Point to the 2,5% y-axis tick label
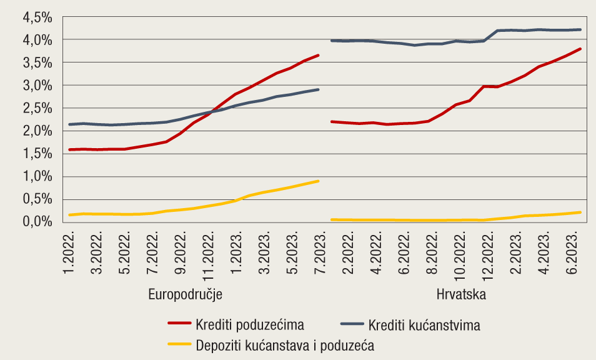pyautogui.click(x=37, y=108)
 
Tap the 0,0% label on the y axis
pyautogui.click(x=37, y=222)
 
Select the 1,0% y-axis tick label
pyautogui.click(x=37, y=176)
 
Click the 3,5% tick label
pyautogui.click(x=37, y=62)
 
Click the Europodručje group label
pyautogui.click(x=186, y=294)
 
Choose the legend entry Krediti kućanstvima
pyautogui.click(x=424, y=325)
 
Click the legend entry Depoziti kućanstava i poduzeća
pyautogui.click(x=284, y=345)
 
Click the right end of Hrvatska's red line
pyautogui.click(x=580, y=49)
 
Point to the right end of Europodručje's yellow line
pyautogui.click(x=318, y=181)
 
